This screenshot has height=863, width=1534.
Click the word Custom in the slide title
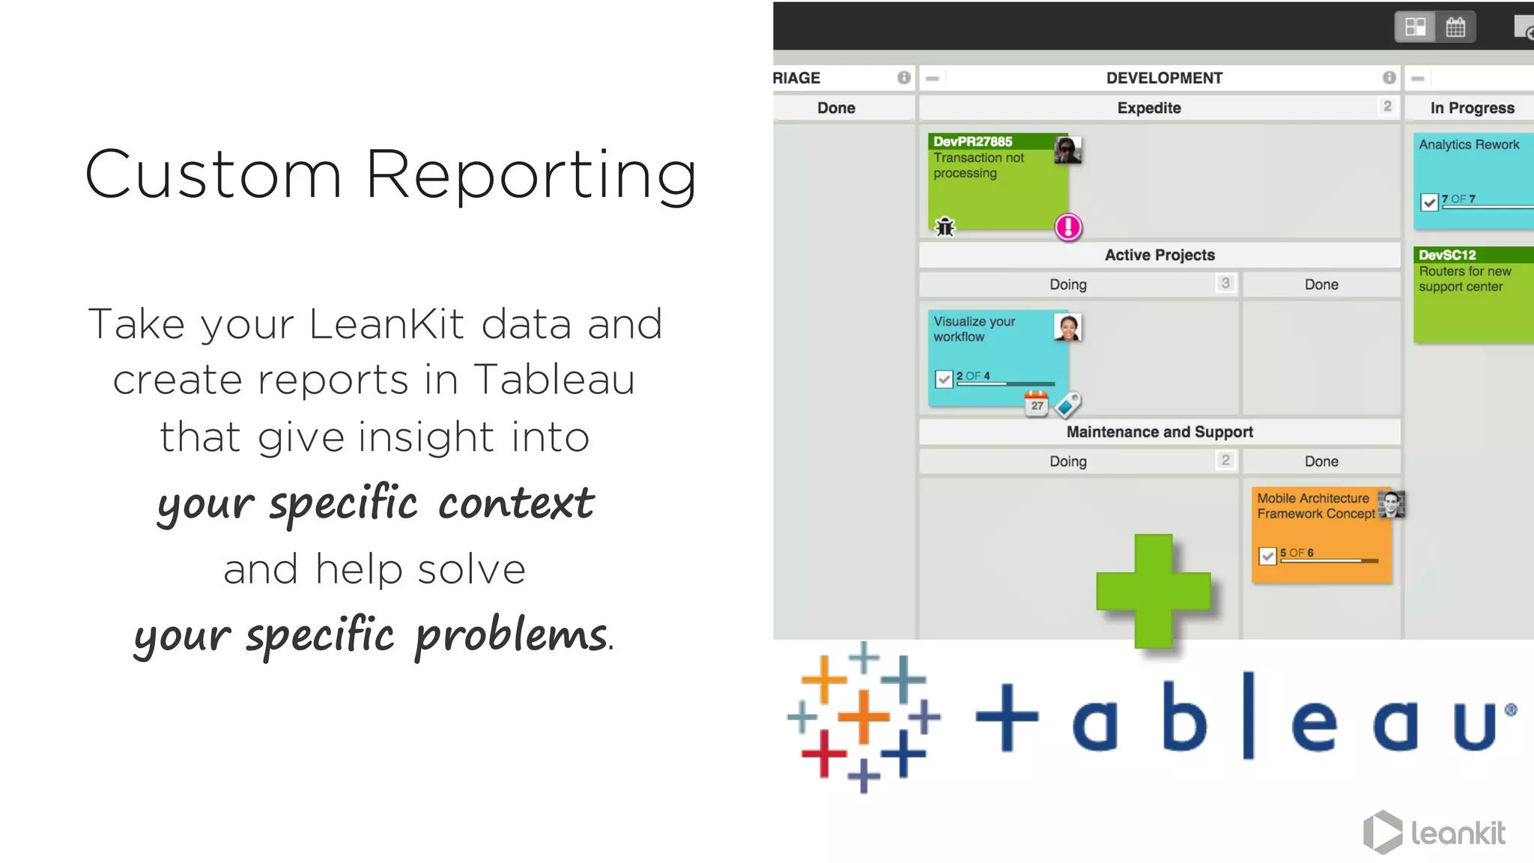point(214,175)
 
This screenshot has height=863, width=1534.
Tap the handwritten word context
point(516,503)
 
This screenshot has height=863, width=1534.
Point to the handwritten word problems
point(512,636)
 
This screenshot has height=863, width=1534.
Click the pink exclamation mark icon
point(1068,227)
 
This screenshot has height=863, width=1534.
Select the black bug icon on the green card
point(945,226)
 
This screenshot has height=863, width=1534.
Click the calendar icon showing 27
point(1037,404)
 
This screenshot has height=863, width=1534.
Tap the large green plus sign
point(1153,591)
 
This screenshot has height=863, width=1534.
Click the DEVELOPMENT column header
point(1164,78)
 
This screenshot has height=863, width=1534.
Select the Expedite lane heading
point(1149,108)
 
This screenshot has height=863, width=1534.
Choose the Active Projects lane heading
point(1159,255)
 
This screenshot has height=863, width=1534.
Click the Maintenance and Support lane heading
point(1159,432)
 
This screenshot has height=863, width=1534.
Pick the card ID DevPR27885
point(973,142)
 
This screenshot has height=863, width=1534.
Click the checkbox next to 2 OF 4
point(944,379)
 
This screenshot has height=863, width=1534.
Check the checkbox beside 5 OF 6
point(1267,556)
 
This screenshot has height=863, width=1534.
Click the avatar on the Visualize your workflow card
point(1067,327)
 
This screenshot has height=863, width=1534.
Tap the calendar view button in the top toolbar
point(1455,28)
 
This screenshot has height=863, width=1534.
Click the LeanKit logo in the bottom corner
point(1434,832)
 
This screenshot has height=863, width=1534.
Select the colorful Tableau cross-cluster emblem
point(863,717)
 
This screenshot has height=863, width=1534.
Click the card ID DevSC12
point(1447,255)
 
